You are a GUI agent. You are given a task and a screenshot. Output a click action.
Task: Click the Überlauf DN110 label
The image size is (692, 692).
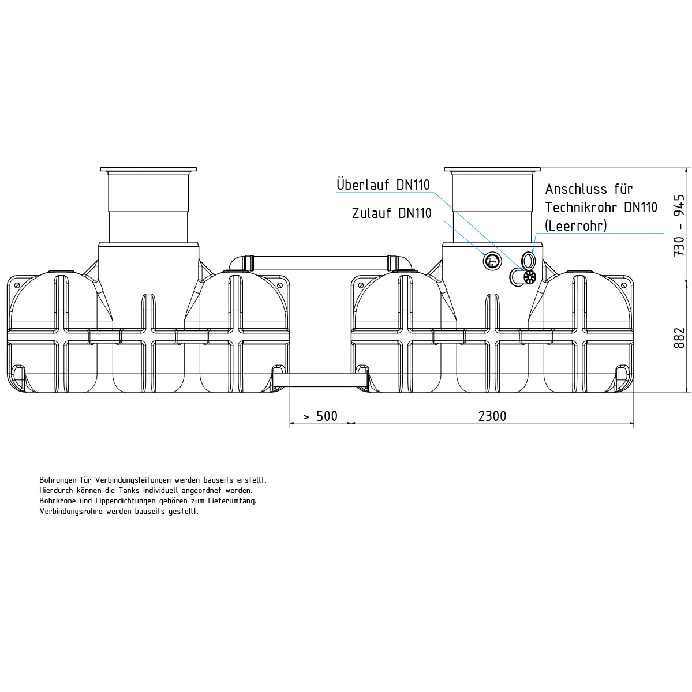pyautogui.click(x=383, y=185)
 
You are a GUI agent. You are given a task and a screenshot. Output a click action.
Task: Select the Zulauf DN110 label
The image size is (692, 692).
pyautogui.click(x=391, y=213)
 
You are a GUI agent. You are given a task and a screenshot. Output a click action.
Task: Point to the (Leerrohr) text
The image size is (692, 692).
pyautogui.click(x=576, y=226)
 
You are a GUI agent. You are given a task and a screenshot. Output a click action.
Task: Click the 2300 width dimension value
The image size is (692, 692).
pyautogui.click(x=492, y=416)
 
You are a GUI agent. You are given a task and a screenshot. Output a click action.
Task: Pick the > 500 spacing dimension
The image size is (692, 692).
pyautogui.click(x=321, y=416)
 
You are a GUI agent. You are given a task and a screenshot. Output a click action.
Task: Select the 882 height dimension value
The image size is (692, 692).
pyautogui.click(x=679, y=337)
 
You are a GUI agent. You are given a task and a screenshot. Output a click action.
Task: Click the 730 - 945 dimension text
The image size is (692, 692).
pyautogui.click(x=679, y=225)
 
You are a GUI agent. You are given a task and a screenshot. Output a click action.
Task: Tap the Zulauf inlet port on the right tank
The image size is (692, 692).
pyautogui.click(x=491, y=261)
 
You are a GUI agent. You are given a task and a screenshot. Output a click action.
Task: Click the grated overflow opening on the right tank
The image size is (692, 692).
pyautogui.click(x=530, y=277)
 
